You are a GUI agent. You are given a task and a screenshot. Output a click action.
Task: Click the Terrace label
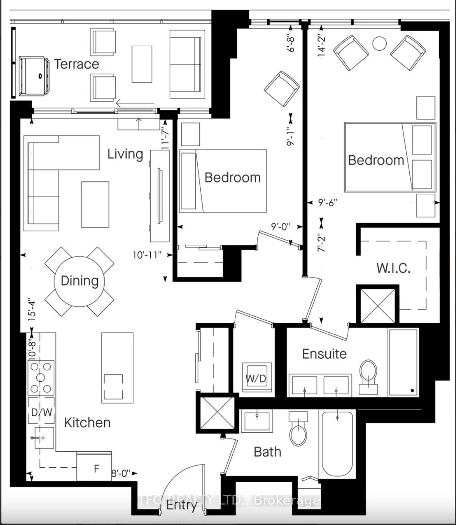tap(77, 64)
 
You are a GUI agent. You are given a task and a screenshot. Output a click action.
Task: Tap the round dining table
tap(80, 282)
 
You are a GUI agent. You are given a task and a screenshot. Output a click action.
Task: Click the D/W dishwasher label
tap(41, 412)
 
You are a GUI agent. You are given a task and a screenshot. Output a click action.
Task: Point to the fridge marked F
tap(94, 467)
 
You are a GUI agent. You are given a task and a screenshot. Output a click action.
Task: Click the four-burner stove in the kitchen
tap(41, 377)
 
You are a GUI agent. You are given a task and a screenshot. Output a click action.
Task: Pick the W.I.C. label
tap(393, 268)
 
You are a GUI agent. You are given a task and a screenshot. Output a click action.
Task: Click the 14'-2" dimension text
tap(321, 46)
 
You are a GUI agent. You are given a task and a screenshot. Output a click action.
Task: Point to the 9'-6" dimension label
tap(328, 203)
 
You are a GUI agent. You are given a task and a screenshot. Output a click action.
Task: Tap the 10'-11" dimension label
tap(147, 255)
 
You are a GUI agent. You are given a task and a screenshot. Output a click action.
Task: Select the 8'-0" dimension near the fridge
tap(121, 473)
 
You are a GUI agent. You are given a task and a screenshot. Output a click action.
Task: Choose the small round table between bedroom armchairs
tap(379, 44)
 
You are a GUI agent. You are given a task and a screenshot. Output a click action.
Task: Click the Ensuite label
tap(325, 354)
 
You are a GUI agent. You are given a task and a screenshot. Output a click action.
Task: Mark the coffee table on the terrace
tap(142, 64)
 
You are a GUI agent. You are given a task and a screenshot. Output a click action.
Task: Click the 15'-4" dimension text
tap(32, 309)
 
